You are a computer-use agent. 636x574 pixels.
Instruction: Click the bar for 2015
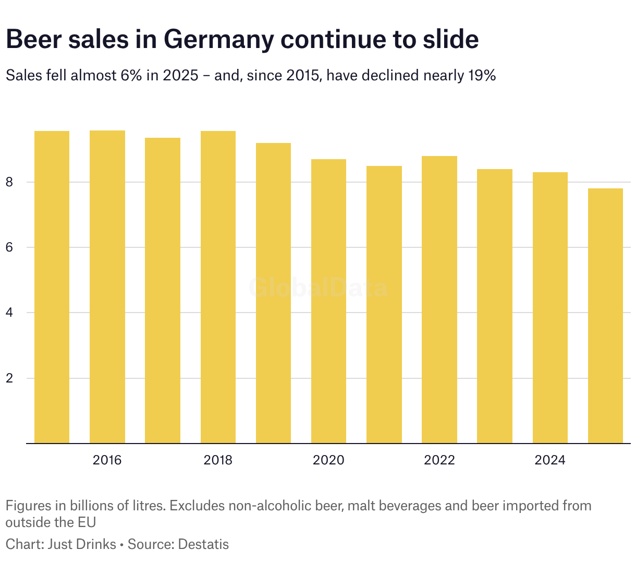(52, 287)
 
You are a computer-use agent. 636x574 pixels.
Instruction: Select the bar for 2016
(107, 287)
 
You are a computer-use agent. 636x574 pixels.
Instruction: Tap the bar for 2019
(273, 293)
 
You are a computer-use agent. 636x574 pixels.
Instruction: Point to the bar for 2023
(495, 306)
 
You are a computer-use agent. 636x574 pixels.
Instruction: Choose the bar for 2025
(605, 316)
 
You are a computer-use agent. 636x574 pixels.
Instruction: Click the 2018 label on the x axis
(218, 460)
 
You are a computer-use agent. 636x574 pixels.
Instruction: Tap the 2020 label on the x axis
(328, 460)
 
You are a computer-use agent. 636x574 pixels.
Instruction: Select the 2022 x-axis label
(439, 460)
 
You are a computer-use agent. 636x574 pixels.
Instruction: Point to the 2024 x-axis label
(550, 460)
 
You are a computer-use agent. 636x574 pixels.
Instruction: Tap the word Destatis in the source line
(203, 544)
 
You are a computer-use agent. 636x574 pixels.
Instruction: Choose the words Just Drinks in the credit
(82, 544)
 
